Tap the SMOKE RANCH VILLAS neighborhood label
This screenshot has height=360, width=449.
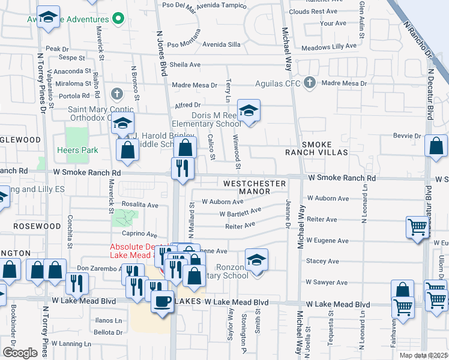pos(325,149)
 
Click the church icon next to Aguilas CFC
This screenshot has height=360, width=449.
pos(309,82)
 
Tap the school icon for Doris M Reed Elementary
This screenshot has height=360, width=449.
pos(249,110)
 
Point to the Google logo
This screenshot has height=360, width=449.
pos(19,352)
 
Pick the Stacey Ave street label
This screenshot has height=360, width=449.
pos(322,261)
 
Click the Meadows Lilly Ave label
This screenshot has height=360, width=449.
pos(329,47)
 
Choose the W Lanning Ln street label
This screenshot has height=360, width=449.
pos(71,344)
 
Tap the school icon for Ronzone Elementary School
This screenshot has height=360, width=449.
pos(256,260)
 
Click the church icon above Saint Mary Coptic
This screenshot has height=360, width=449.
pos(116,94)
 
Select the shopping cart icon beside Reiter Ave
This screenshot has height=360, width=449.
pos(417,227)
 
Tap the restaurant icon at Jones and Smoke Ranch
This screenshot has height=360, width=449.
pos(182,168)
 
